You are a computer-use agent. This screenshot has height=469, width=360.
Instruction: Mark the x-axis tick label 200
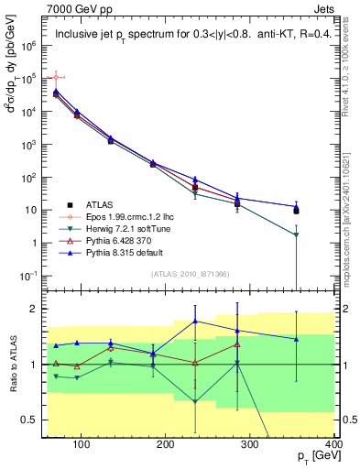(x=166, y=444)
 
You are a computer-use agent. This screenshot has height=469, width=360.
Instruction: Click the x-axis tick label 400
(x=333, y=444)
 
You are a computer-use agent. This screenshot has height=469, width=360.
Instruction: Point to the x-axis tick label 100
(x=81, y=444)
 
